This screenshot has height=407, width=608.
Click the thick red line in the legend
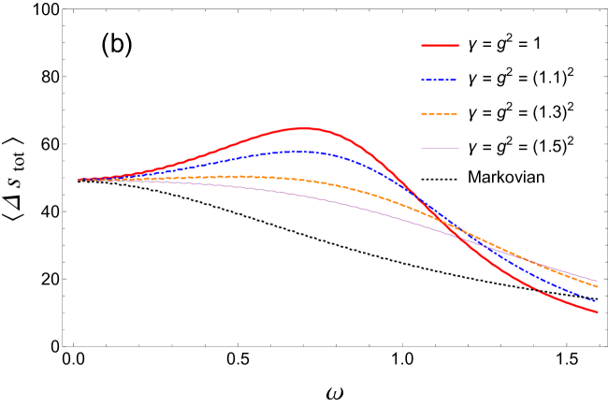coord(440,45)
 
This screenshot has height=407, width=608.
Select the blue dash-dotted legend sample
coord(440,80)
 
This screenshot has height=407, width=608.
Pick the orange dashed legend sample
coord(440,114)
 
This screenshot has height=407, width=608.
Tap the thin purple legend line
coord(440,148)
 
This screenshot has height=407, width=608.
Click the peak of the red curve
coord(304,128)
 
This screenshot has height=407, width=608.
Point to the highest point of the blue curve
coord(295,151)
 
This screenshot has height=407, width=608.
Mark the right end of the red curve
coord(598,313)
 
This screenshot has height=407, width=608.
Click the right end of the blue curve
coord(598,302)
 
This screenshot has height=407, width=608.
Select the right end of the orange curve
coord(598,286)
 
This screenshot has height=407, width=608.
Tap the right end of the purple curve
coord(598,281)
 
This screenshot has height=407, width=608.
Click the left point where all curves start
coord(78,180)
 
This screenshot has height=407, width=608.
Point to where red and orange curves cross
coord(447,225)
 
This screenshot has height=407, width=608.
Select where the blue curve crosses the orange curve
coord(458,230)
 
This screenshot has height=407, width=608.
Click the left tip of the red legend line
coord(422,45)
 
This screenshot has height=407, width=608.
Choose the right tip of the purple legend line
coord(458,148)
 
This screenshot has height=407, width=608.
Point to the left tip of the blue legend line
coord(422,80)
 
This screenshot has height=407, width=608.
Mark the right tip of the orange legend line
coord(457,114)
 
